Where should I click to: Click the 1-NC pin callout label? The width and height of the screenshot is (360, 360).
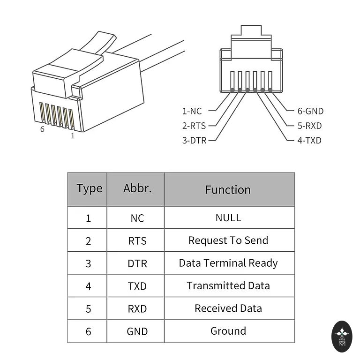click(192, 111)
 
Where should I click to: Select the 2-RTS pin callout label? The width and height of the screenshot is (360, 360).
click(194, 126)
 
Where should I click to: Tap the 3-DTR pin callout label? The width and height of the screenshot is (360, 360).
click(195, 140)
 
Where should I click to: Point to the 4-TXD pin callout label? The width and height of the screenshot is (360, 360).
click(309, 140)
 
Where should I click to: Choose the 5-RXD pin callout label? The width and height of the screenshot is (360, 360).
click(310, 126)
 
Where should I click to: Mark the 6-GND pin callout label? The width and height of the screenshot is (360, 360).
click(310, 111)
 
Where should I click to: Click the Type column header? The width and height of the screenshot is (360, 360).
click(89, 189)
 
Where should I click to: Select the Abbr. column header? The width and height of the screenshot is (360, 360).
click(137, 188)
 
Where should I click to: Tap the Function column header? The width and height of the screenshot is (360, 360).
click(228, 189)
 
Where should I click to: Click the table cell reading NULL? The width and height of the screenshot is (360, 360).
click(228, 217)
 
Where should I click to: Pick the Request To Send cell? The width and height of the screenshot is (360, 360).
click(228, 240)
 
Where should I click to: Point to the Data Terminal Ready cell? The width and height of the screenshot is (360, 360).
click(228, 263)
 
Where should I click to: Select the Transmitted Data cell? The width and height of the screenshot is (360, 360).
click(228, 285)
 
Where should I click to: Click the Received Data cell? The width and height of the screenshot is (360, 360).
click(228, 308)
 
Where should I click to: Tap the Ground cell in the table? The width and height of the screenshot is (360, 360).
click(228, 331)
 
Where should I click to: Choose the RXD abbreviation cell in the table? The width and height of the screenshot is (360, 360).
click(137, 309)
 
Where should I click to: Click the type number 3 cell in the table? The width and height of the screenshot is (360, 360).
click(89, 263)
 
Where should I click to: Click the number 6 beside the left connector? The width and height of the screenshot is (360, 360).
click(42, 129)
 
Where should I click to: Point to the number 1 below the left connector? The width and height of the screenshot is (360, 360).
click(72, 136)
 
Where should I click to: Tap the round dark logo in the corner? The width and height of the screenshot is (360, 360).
click(341, 336)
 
